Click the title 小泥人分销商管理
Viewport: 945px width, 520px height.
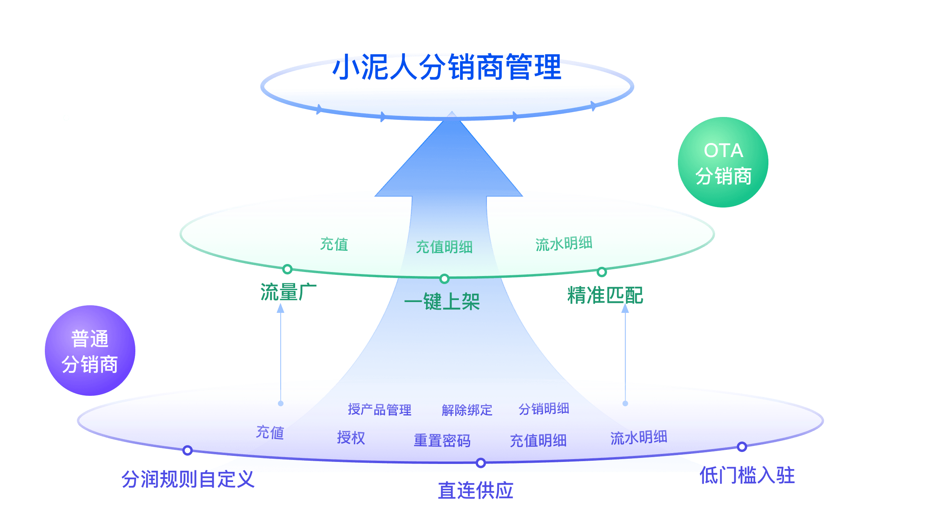click(447, 67)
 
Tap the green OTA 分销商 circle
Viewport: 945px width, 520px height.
click(723, 162)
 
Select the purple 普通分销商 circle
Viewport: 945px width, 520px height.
click(90, 351)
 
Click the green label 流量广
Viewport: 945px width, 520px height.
click(288, 292)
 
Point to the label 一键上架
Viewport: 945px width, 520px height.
click(442, 302)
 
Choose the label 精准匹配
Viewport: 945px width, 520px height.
click(605, 296)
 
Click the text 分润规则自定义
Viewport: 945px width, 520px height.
click(188, 479)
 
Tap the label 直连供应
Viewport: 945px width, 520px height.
click(476, 491)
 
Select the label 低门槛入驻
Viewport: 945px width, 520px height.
click(747, 476)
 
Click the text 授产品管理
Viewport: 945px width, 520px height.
click(380, 409)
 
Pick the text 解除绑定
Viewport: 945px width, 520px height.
click(467, 410)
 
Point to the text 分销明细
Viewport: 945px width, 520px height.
click(544, 409)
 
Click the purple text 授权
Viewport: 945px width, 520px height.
click(351, 437)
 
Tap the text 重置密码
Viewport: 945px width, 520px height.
click(442, 441)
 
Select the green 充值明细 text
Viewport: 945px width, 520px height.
click(444, 247)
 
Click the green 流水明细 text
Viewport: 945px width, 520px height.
click(564, 244)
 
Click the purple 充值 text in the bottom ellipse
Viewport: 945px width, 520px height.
click(270, 432)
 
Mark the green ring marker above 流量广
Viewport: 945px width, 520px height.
click(287, 269)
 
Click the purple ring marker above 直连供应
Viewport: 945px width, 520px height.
click(481, 463)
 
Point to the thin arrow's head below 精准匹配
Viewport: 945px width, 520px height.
click(625, 308)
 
